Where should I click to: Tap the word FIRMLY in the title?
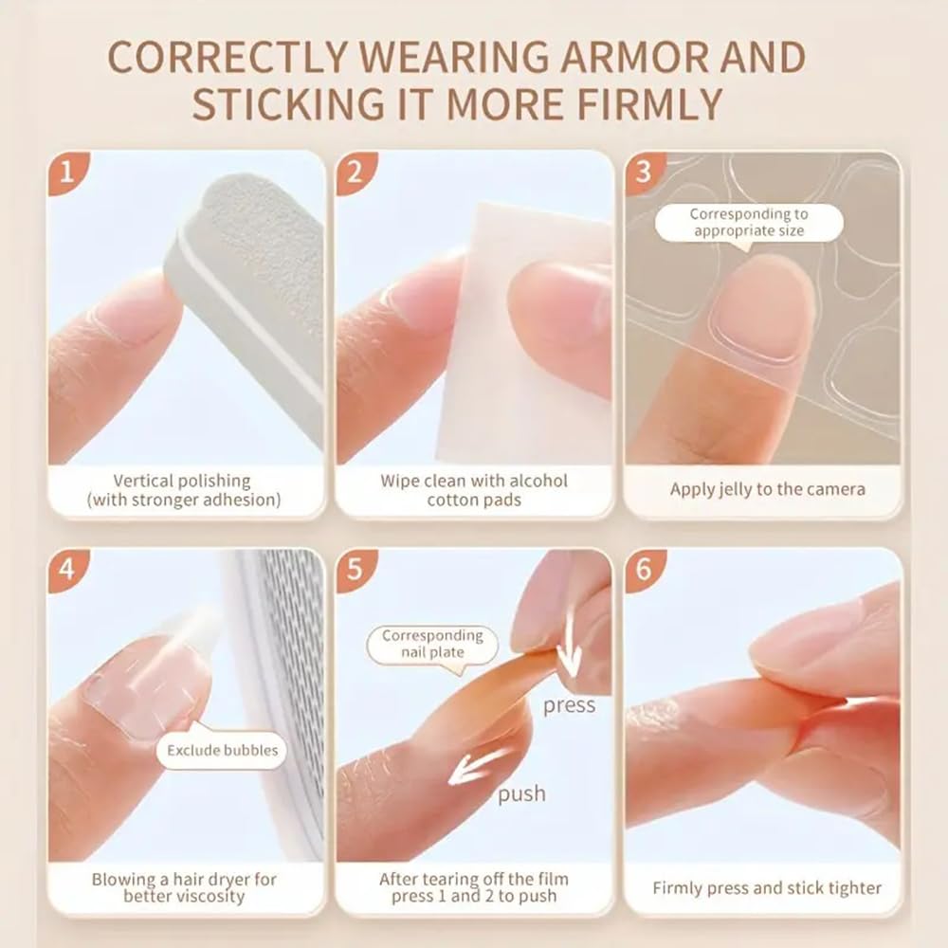tap(628, 104)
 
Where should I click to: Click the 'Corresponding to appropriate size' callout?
tap(748, 224)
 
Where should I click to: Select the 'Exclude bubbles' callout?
tap(222, 751)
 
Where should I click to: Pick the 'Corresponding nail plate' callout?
tap(432, 645)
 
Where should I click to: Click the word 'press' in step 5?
tap(569, 705)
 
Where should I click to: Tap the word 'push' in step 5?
tap(521, 793)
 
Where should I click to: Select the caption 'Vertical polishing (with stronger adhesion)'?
tap(183, 490)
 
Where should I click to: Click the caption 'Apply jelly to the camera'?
tap(767, 489)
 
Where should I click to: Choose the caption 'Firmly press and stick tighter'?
tap(767, 888)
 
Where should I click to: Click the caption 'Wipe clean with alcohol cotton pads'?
tap(474, 490)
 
